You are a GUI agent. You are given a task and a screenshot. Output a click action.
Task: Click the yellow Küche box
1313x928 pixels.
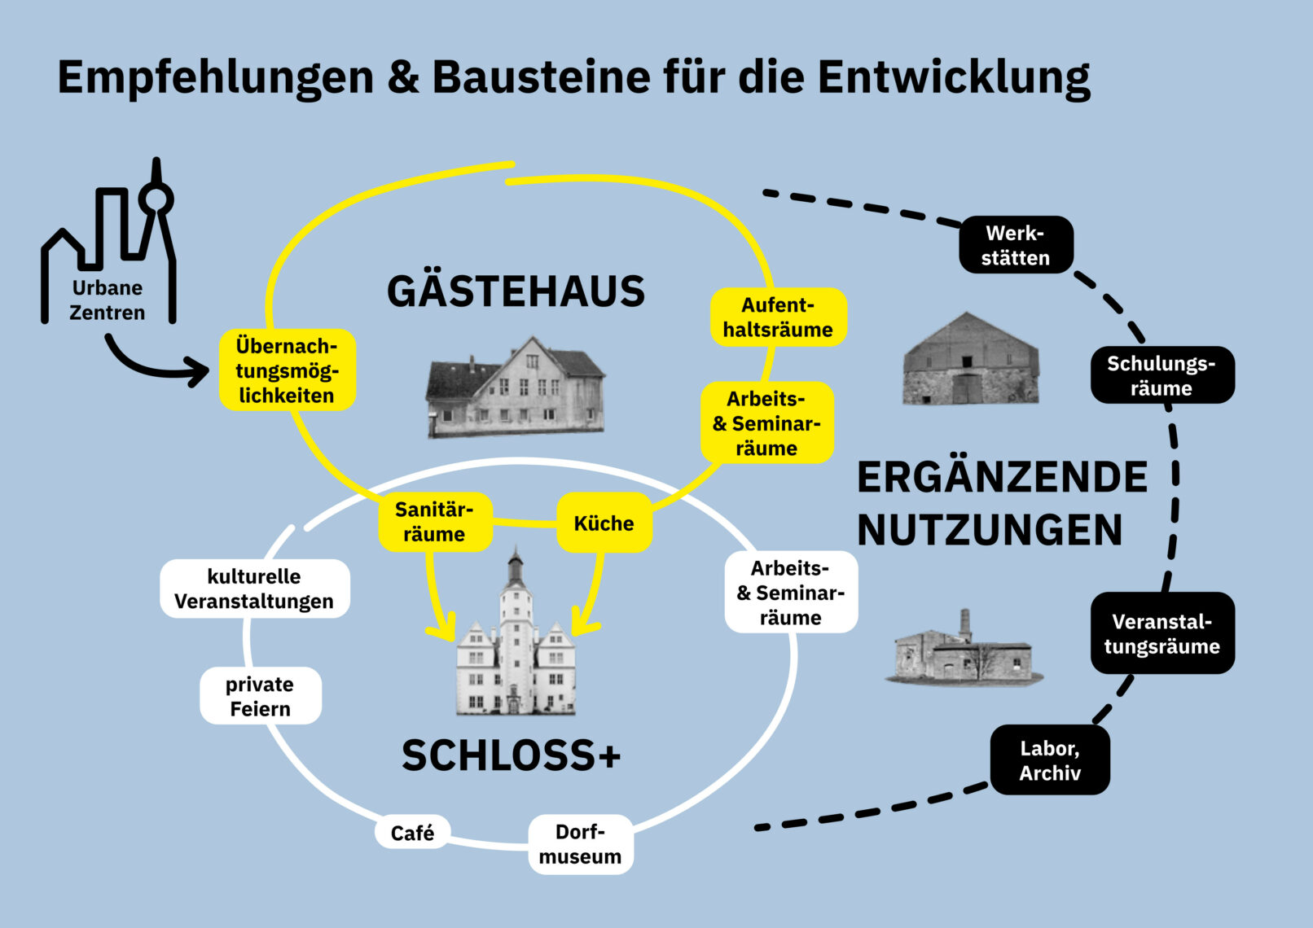[x=604, y=523]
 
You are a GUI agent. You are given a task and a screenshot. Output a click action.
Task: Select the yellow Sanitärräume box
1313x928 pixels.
[x=435, y=522]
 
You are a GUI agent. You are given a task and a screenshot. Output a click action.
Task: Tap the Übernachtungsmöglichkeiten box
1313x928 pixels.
[x=287, y=370]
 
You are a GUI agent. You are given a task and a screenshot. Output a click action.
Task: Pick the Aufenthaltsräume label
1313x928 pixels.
[x=778, y=317]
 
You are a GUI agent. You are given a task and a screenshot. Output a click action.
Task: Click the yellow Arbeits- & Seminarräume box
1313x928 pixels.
[x=766, y=423]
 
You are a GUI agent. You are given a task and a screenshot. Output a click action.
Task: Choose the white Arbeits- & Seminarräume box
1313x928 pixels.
[x=790, y=593]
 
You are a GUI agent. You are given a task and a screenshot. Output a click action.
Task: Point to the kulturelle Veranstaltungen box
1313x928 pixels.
[x=254, y=589]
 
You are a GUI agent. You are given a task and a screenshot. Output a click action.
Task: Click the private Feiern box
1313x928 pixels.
[x=261, y=696]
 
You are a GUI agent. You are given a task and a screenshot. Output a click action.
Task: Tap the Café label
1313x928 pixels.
[x=412, y=833]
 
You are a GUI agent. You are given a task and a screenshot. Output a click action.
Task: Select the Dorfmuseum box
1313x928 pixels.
[x=580, y=844]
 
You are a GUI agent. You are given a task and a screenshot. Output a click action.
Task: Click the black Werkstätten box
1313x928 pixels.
[x=1016, y=245]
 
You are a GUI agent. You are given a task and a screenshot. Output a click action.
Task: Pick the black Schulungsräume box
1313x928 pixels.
[x=1161, y=375]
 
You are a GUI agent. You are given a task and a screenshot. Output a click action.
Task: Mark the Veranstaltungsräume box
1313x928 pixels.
[x=1162, y=633]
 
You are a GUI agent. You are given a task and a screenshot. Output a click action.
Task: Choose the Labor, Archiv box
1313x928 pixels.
[x=1050, y=760]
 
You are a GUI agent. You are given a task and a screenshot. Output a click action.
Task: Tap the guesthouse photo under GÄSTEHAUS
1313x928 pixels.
[x=515, y=387]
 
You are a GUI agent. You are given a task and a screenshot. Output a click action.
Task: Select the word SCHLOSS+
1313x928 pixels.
[x=511, y=755]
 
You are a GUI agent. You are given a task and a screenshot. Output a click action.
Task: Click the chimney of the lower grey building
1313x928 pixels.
[x=965, y=624]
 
